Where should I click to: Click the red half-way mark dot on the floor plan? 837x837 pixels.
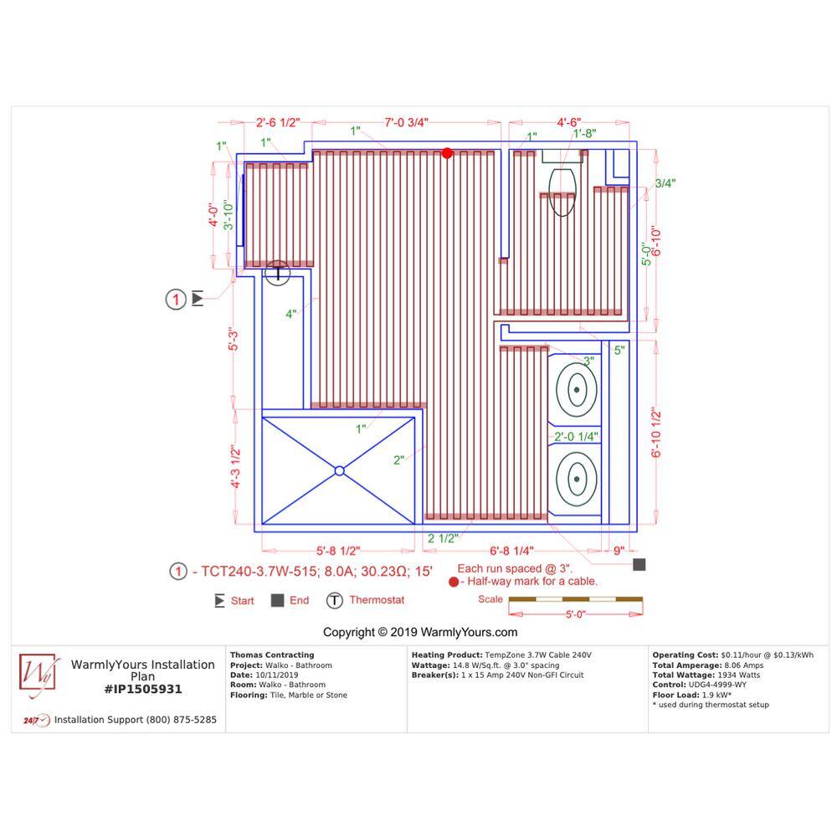pos(447,153)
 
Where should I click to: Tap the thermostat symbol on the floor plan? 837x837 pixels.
pos(277,273)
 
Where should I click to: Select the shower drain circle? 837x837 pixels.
pos(340,470)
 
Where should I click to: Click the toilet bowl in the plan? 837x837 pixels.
pos(562,193)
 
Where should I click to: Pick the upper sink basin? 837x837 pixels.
pos(577,390)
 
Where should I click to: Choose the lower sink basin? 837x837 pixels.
pos(577,479)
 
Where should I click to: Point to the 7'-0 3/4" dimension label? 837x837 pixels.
pos(406,122)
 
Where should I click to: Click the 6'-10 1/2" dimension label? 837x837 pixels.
pos(656,433)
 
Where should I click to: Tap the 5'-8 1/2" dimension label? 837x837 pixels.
pos(338,551)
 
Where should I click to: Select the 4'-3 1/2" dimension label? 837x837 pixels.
pos(235,466)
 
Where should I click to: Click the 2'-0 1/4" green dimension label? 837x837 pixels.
pos(576,437)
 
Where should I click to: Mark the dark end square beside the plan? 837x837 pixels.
pos(639,564)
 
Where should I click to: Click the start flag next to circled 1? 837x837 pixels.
pos(198,299)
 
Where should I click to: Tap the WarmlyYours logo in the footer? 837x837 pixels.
pos(38,674)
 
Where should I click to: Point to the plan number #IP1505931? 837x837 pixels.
pos(143,689)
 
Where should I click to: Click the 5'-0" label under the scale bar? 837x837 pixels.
pos(576,614)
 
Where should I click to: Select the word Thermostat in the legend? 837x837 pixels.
pos(377,600)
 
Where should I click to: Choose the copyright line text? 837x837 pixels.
pos(420,632)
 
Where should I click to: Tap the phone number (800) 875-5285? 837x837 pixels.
pos(180,720)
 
